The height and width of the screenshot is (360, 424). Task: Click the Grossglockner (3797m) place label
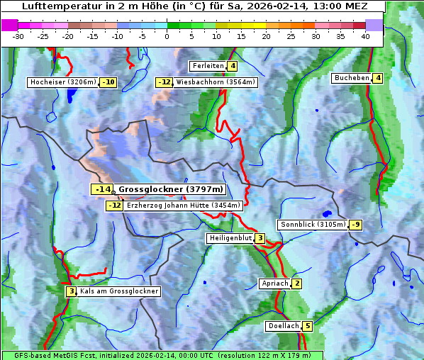pos(171,189)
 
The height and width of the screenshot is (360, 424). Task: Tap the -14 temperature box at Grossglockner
pos(102,189)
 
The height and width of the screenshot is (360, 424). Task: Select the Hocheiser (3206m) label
pos(63,82)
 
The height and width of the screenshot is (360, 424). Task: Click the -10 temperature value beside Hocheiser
pos(108,82)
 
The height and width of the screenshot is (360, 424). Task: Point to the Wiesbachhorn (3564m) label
pos(216,82)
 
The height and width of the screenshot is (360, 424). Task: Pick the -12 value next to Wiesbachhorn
pos(164,82)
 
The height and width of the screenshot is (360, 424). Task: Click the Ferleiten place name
pos(208,66)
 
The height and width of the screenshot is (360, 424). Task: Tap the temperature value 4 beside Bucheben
pos(379,78)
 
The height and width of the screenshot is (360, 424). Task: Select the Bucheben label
pos(352,78)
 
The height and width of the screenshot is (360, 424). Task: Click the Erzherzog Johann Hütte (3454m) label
pos(184,206)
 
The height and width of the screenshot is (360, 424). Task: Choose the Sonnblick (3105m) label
pos(313,225)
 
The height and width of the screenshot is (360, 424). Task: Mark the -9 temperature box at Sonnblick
pos(356,225)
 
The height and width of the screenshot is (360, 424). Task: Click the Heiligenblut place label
pos(230,238)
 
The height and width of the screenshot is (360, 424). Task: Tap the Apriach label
pos(275,283)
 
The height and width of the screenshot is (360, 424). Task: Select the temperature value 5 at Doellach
pos(307,326)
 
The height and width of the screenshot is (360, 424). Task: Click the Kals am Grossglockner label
pos(119,291)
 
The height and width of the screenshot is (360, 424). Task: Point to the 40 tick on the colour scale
pos(365,36)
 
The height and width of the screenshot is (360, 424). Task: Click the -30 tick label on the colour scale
pos(18,36)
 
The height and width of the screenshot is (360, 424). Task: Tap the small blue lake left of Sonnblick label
pos(326,213)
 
